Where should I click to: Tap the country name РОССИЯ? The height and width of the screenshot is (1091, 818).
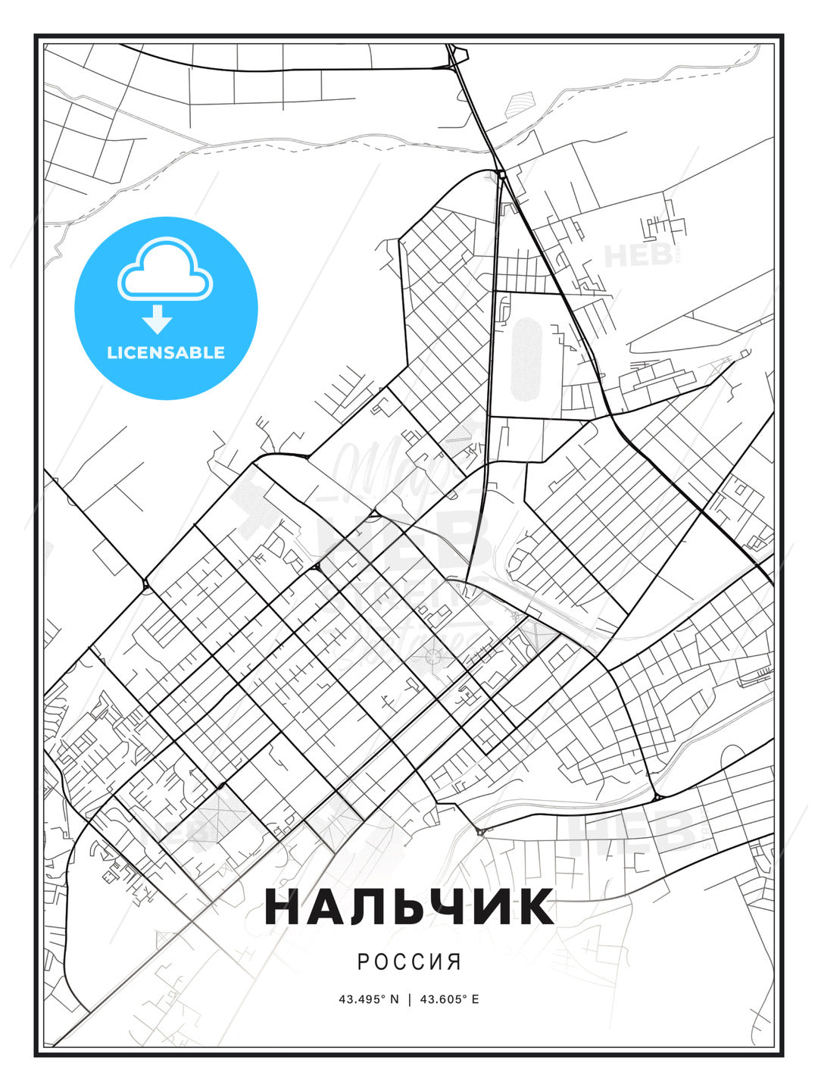[409, 961]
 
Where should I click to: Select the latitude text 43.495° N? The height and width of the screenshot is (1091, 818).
[368, 999]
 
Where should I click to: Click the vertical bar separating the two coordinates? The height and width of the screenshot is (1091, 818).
[410, 999]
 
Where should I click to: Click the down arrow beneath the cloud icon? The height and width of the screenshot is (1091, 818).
[158, 319]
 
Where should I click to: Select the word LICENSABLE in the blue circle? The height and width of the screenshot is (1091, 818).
[166, 352]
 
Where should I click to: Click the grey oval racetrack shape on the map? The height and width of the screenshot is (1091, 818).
[526, 359]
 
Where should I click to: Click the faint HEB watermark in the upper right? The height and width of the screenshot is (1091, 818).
[638, 255]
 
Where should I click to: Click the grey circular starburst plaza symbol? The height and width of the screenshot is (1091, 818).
[433, 657]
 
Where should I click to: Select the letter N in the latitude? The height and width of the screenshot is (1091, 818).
[394, 999]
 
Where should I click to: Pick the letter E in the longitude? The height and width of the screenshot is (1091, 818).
[475, 999]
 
